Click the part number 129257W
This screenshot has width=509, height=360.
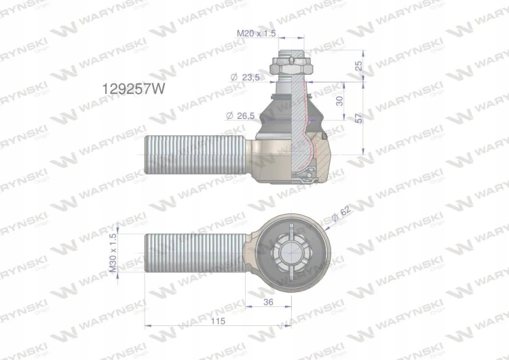(x=134, y=88)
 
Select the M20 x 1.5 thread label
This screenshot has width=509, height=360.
(x=256, y=33)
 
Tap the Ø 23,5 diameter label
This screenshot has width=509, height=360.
(x=245, y=77)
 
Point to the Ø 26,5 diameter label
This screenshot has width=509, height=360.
(x=240, y=115)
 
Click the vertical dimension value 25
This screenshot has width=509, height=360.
(x=359, y=66)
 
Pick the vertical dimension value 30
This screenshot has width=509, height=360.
(x=339, y=101)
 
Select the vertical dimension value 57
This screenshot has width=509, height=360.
(x=359, y=118)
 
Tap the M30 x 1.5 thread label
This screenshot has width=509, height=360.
(x=113, y=253)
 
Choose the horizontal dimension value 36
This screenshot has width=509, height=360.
(x=268, y=302)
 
